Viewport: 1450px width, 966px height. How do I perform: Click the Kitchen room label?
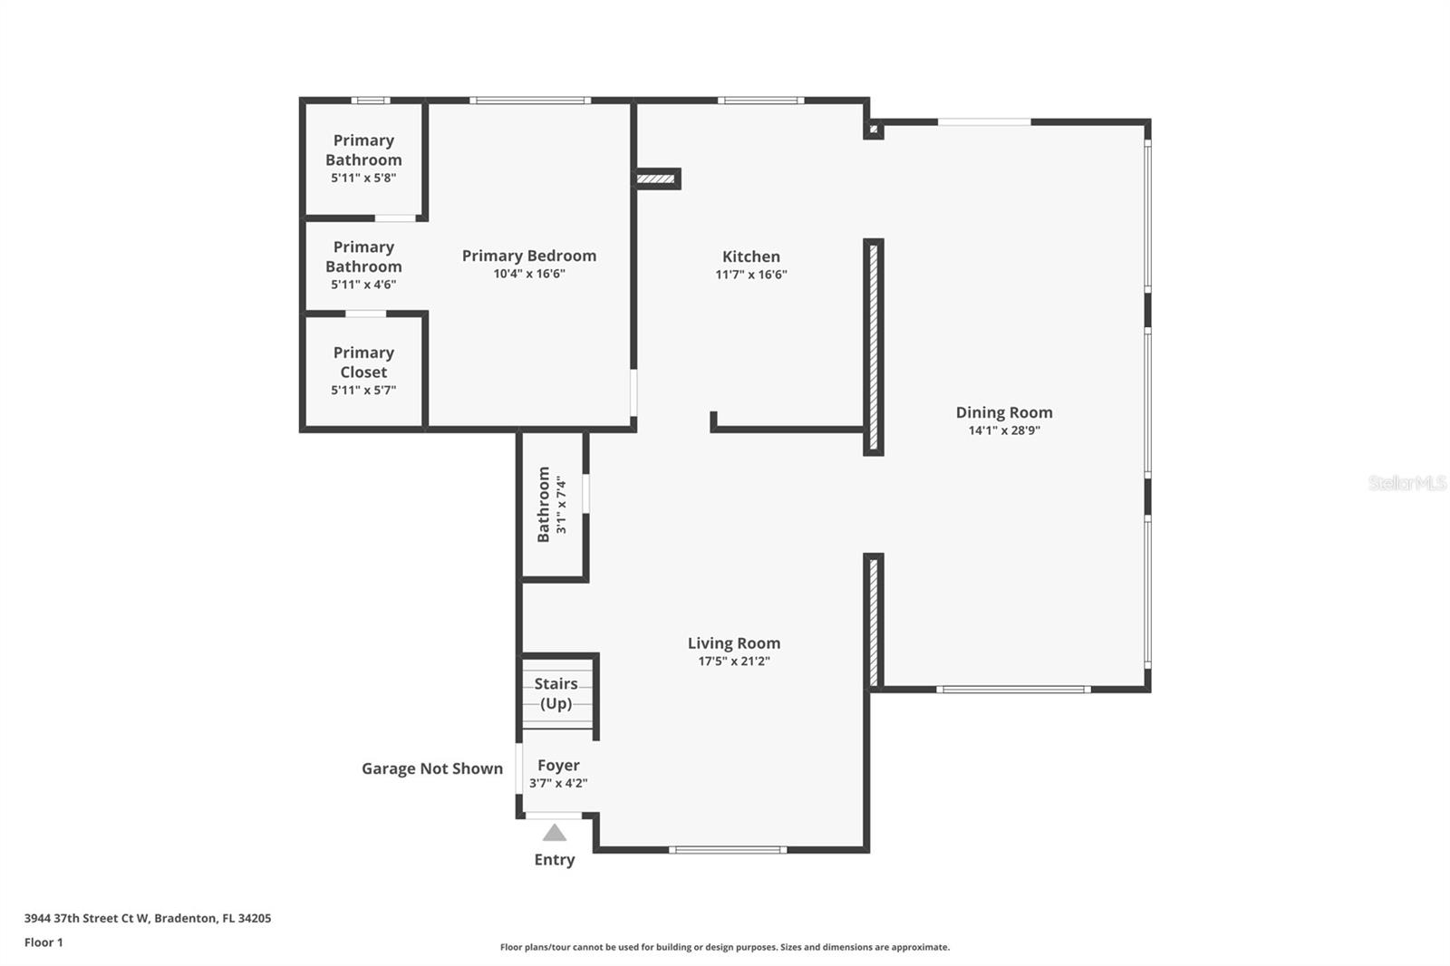click(750, 256)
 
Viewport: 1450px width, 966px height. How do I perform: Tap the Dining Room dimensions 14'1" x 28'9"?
click(1004, 430)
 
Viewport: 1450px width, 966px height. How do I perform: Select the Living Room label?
click(733, 643)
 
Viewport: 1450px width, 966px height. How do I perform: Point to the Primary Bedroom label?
click(529, 256)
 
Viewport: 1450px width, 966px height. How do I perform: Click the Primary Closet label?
click(363, 362)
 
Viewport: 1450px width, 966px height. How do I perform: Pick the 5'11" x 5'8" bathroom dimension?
click(363, 178)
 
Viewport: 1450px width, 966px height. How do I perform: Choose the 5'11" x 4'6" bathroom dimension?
click(363, 285)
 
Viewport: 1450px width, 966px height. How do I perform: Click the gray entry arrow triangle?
click(555, 833)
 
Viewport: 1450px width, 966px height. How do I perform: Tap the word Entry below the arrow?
click(555, 860)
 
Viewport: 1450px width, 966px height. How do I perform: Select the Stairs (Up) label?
click(556, 693)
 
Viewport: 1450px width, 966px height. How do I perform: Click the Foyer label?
click(558, 766)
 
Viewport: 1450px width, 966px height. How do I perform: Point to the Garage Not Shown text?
click(432, 768)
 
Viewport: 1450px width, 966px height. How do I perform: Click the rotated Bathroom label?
click(544, 505)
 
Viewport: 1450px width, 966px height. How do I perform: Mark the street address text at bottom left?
click(148, 918)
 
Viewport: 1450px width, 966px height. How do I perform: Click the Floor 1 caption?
click(43, 942)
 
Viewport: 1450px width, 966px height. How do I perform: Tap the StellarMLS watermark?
click(1406, 483)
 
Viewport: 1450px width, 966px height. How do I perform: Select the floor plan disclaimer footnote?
click(725, 947)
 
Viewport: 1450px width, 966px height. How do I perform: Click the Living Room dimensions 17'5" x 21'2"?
click(733, 662)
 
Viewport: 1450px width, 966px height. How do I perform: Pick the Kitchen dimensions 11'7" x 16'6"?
click(750, 275)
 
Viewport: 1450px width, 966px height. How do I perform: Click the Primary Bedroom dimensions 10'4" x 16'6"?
click(529, 274)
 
